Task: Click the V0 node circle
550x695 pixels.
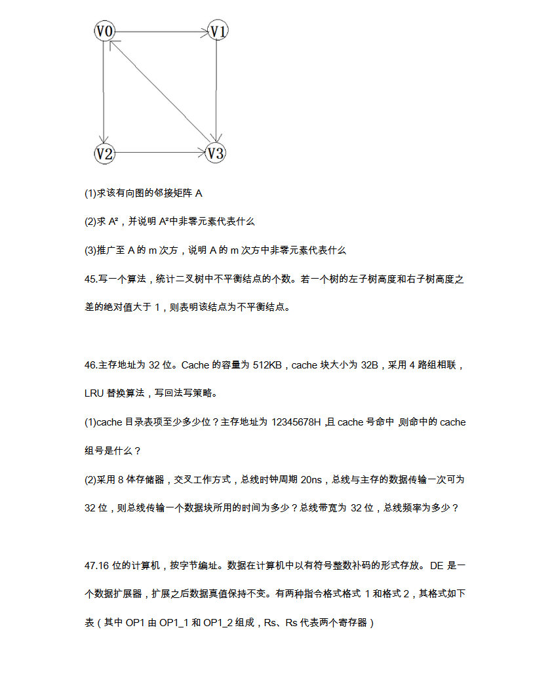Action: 105,31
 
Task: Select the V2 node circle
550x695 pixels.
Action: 105,153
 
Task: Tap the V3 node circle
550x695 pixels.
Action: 216,153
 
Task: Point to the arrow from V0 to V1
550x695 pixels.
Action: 161,31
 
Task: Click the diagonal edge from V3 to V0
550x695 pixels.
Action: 161,92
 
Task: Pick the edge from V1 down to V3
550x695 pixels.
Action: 216,92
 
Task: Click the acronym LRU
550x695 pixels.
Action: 94,394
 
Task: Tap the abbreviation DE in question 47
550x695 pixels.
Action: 437,565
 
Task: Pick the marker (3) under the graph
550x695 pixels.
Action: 90,250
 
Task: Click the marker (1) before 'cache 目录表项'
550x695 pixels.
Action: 90,423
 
